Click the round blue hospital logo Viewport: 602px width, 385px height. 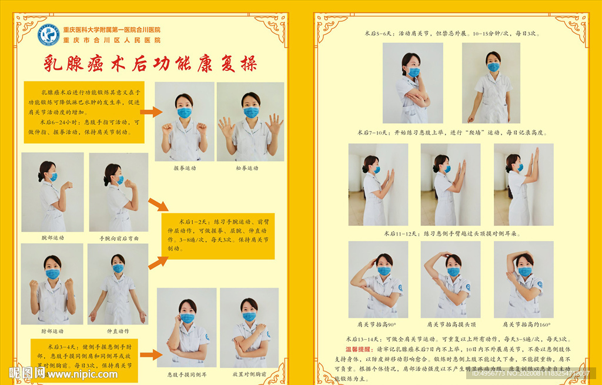tap(48, 35)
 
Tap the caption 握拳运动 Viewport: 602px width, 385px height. tap(184, 168)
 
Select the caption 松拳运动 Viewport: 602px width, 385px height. tap(247, 168)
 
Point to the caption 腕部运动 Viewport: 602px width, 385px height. tap(53, 238)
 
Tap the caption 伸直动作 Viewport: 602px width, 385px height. tap(118, 331)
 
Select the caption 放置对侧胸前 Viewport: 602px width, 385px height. tap(249, 373)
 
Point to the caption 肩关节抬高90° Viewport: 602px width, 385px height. tap(376, 324)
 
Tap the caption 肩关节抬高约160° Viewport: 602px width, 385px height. tap(523, 324)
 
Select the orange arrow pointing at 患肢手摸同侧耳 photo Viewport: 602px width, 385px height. tap(151, 354)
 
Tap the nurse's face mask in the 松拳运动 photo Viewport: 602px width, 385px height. tap(252, 112)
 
